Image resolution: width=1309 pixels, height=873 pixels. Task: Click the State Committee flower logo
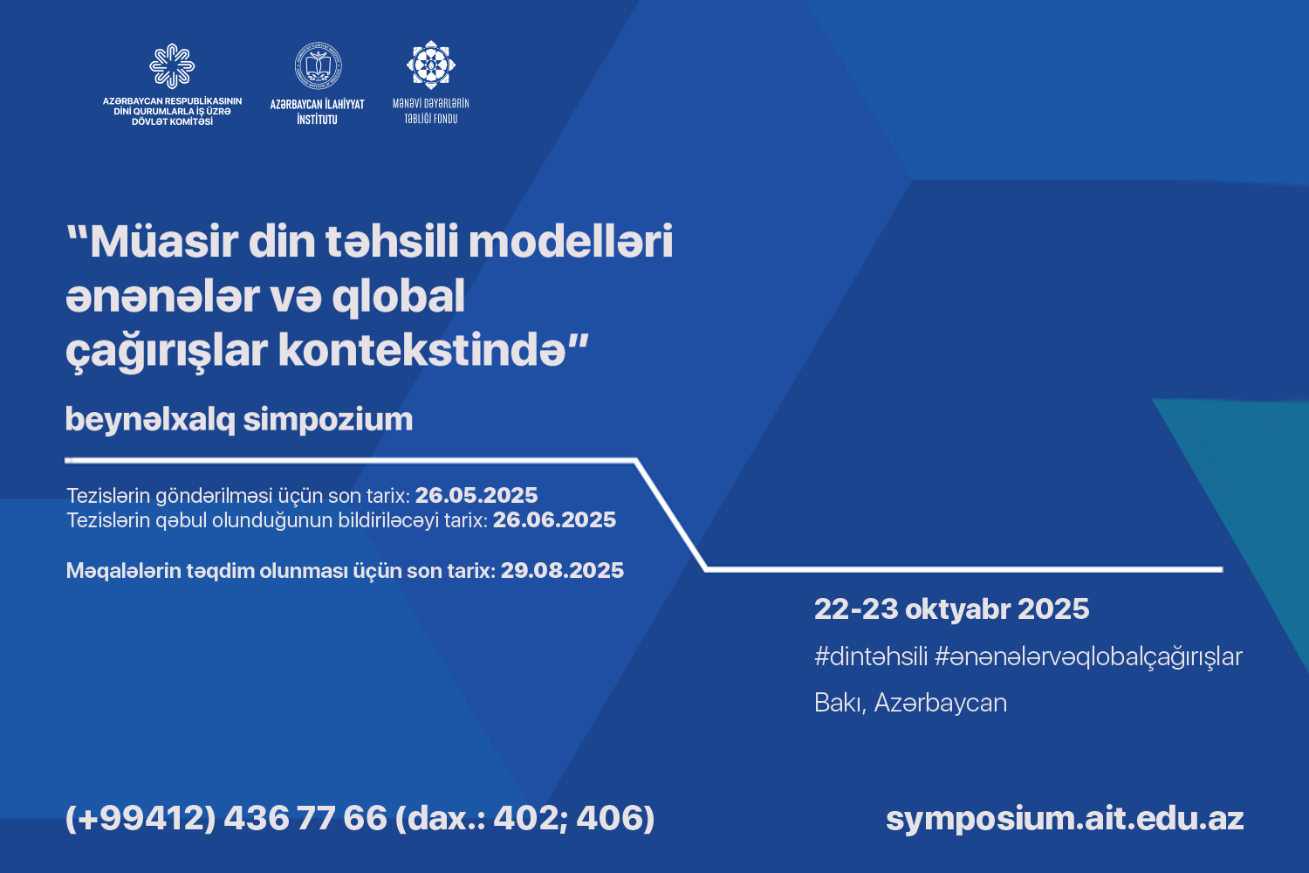pos(172,66)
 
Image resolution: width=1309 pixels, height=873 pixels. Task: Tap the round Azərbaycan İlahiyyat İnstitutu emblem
pos(318,65)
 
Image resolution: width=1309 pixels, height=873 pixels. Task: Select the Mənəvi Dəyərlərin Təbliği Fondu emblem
pos(431,65)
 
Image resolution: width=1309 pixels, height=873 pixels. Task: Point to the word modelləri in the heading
pos(571,242)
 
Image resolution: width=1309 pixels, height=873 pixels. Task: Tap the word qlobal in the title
pos(399,297)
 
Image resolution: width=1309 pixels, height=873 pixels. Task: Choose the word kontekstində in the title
pos(422,351)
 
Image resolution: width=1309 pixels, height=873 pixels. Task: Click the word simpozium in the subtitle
pos(328,420)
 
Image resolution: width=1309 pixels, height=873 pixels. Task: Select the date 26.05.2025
pos(476,495)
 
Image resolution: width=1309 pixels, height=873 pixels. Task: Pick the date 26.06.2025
pos(554,519)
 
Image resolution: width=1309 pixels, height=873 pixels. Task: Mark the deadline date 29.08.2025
pos(562,570)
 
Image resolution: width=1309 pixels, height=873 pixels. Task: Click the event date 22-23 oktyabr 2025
pos(952,608)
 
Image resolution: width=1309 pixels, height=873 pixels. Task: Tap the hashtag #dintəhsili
pos(871,657)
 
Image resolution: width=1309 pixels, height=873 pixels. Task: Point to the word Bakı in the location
pos(840,703)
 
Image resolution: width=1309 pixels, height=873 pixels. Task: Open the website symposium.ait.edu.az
pos(1065,819)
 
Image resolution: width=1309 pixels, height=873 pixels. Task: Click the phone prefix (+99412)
pos(140,817)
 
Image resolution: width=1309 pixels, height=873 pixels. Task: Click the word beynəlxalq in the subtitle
pos(150,420)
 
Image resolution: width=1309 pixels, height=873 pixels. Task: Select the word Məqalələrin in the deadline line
pos(124,571)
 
